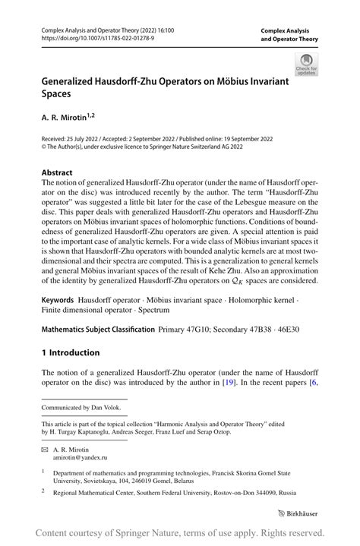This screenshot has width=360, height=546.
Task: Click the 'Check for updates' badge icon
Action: click(308, 64)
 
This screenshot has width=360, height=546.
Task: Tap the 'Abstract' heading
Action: click(57, 172)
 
